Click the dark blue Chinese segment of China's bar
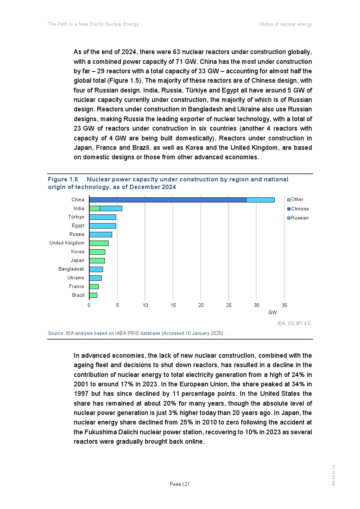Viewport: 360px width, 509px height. pyautogui.click(x=168, y=200)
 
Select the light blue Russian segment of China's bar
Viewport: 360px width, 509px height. pyautogui.click(x=260, y=200)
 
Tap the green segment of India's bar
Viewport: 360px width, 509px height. pyautogui.click(x=95, y=209)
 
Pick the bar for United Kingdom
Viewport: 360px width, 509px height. pyautogui.click(x=99, y=243)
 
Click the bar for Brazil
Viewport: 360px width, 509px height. pyautogui.click(x=93, y=295)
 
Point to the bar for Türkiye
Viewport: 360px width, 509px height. pyautogui.click(x=103, y=217)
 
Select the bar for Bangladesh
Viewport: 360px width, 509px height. pyautogui.click(x=96, y=269)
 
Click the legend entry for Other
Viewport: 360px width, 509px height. pyautogui.click(x=297, y=200)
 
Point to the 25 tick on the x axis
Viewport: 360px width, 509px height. pyautogui.click(x=229, y=305)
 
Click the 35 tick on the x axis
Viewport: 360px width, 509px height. pyautogui.click(x=284, y=305)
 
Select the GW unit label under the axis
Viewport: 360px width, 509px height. pyautogui.click(x=273, y=313)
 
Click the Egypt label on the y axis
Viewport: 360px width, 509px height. pyautogui.click(x=78, y=226)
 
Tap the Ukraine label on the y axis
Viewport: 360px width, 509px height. pyautogui.click(x=76, y=278)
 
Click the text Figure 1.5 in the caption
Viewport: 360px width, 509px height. pyautogui.click(x=63, y=180)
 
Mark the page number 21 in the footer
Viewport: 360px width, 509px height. pyautogui.click(x=187, y=484)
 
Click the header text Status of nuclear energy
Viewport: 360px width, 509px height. pyautogui.click(x=286, y=24)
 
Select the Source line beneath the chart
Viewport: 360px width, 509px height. pyautogui.click(x=136, y=333)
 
